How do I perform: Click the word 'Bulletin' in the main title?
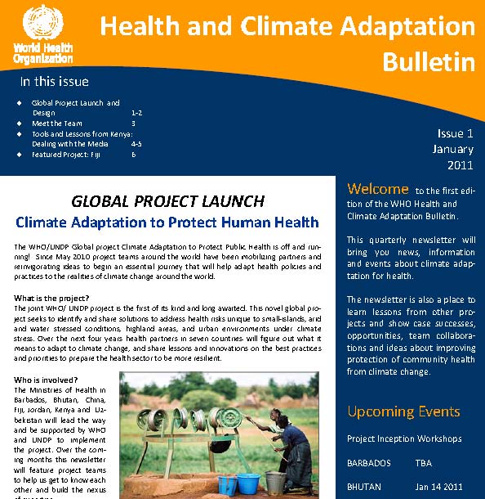429,61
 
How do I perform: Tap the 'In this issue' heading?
54,82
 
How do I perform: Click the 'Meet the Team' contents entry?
57,123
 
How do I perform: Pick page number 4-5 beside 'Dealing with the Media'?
136,143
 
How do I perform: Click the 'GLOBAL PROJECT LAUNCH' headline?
167,200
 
